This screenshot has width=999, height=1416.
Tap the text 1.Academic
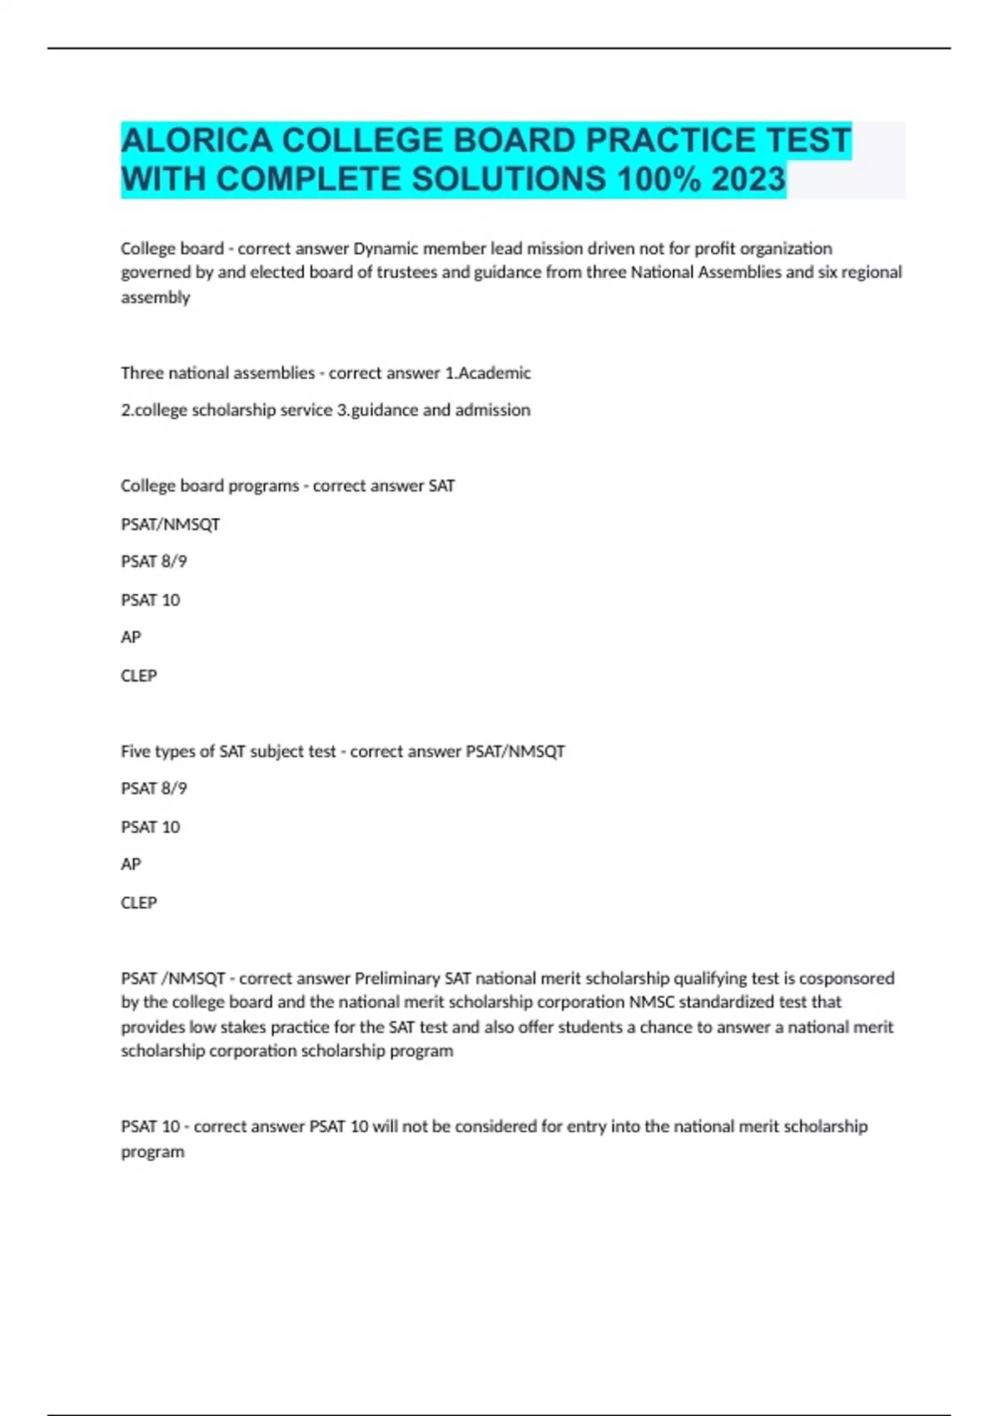(x=488, y=372)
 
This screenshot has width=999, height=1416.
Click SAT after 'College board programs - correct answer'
(x=441, y=486)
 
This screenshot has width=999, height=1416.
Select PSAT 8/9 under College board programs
(x=154, y=561)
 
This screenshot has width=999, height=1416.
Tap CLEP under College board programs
(x=139, y=676)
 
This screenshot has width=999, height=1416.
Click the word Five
(x=136, y=751)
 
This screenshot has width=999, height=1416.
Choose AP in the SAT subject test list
(x=131, y=865)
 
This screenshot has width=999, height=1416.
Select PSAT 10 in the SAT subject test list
(x=151, y=827)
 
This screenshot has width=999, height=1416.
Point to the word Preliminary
(x=397, y=978)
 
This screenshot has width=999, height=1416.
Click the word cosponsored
(x=847, y=978)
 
